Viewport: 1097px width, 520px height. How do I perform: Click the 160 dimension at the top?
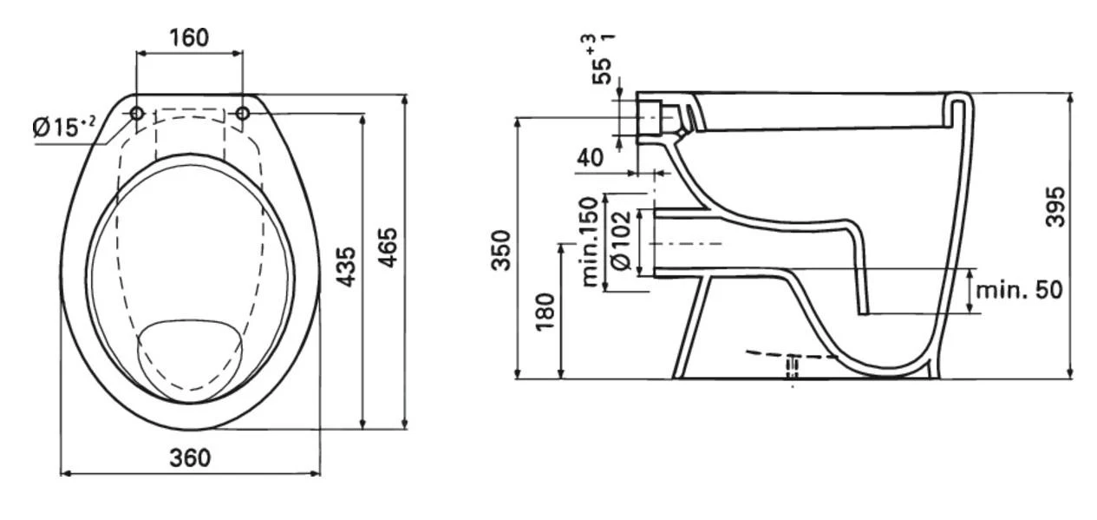pos(189,37)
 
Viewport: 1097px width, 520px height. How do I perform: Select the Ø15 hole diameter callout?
pos(63,128)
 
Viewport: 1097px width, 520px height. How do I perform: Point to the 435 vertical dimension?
pos(345,267)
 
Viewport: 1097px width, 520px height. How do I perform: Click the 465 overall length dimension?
pos(389,247)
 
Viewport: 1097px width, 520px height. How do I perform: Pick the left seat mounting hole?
pos(137,114)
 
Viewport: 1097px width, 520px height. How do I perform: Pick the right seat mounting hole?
pos(243,114)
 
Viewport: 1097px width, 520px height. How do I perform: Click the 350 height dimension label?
pos(502,250)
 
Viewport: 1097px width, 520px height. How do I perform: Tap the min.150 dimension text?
pos(591,241)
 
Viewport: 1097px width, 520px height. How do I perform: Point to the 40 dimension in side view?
pos(591,159)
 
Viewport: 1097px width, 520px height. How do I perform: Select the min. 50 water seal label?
pos(1019,290)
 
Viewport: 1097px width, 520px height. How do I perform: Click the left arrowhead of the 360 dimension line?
pos(63,473)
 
